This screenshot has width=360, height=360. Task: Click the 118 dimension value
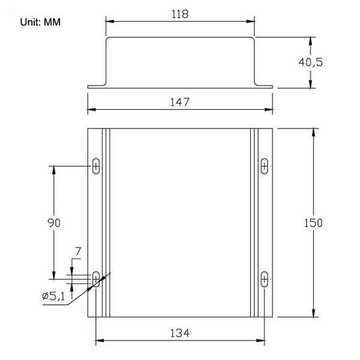pos(180,14)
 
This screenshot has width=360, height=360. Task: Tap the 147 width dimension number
pos(180,102)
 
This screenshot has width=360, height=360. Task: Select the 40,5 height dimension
pos(310,62)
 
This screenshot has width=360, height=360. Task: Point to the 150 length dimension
pos(313,223)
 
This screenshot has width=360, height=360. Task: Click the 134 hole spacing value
pos(180,333)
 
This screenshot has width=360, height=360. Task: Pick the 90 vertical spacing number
pos(54,223)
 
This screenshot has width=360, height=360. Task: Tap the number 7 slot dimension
pos(78,251)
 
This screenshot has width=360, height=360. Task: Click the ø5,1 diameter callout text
pos(54,296)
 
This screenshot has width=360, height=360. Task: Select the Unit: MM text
pos(40,22)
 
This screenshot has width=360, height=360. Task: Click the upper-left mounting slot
pos(96,166)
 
